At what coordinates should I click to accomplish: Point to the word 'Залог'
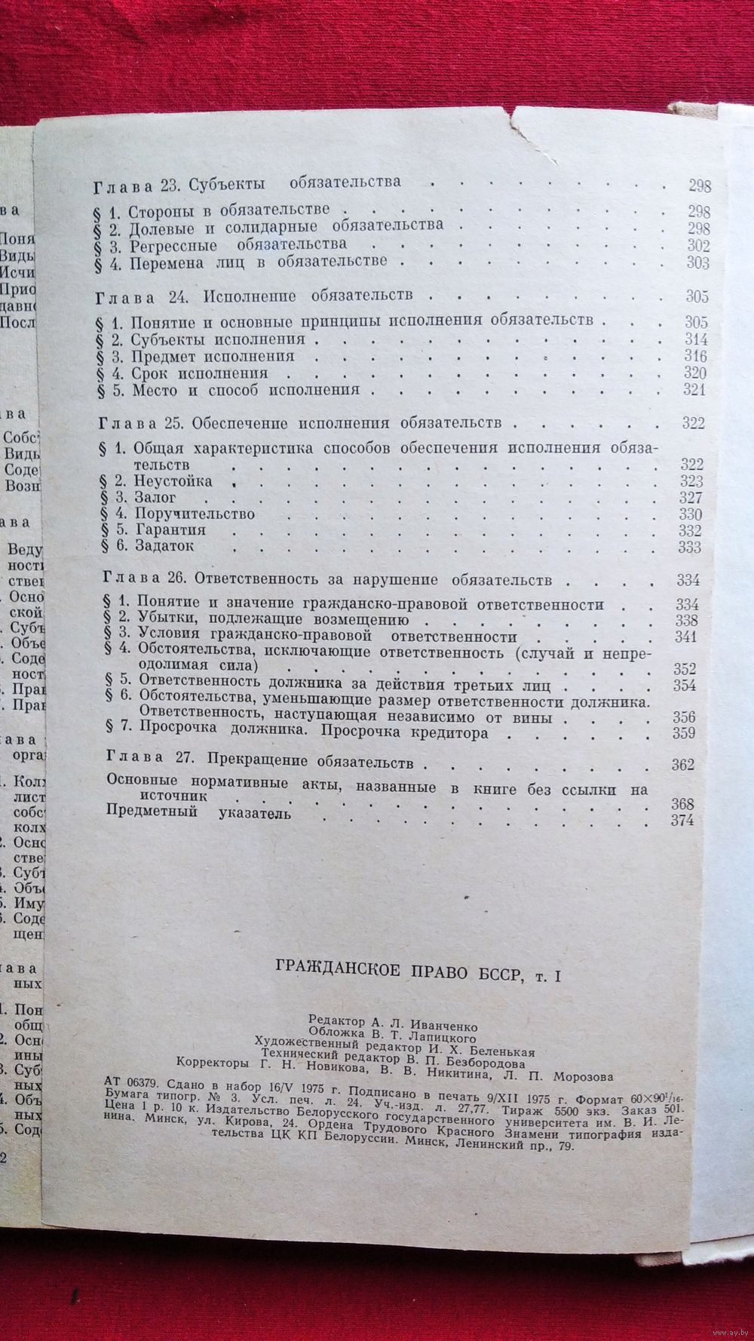[x=155, y=498]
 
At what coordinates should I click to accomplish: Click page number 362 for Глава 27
[x=682, y=766]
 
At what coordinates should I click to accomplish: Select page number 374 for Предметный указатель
[x=682, y=821]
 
